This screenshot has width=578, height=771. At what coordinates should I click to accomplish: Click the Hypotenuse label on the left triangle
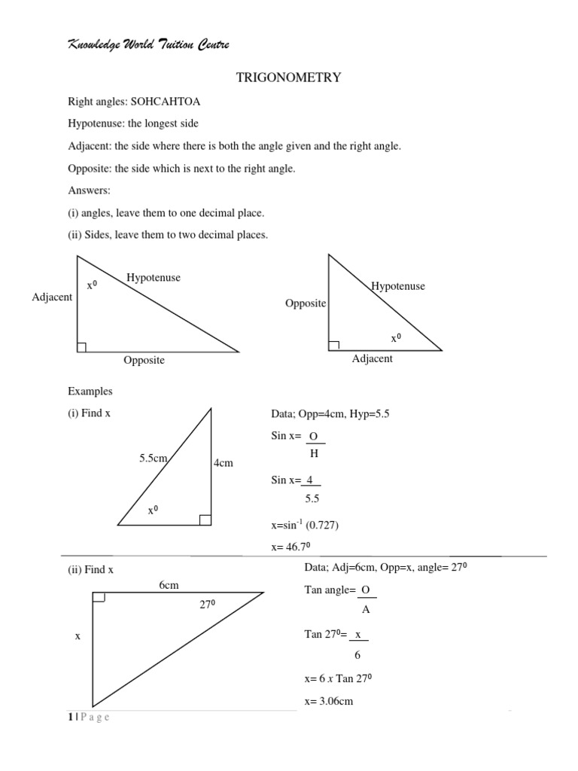154,278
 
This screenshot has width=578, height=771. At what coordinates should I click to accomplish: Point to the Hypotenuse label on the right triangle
397,286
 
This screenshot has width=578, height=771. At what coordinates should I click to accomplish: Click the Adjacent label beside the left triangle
52,297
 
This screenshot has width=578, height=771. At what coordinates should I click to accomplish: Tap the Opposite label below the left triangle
144,361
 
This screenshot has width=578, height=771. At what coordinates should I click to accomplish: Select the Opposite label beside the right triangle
306,303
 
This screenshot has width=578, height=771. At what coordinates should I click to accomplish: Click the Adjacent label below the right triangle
372,359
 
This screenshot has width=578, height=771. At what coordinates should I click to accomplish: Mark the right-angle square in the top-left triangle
82,346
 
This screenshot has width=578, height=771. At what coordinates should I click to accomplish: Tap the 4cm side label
224,463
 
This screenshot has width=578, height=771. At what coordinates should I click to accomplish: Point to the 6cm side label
169,585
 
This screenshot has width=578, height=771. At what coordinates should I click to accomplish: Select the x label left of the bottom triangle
77,636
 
